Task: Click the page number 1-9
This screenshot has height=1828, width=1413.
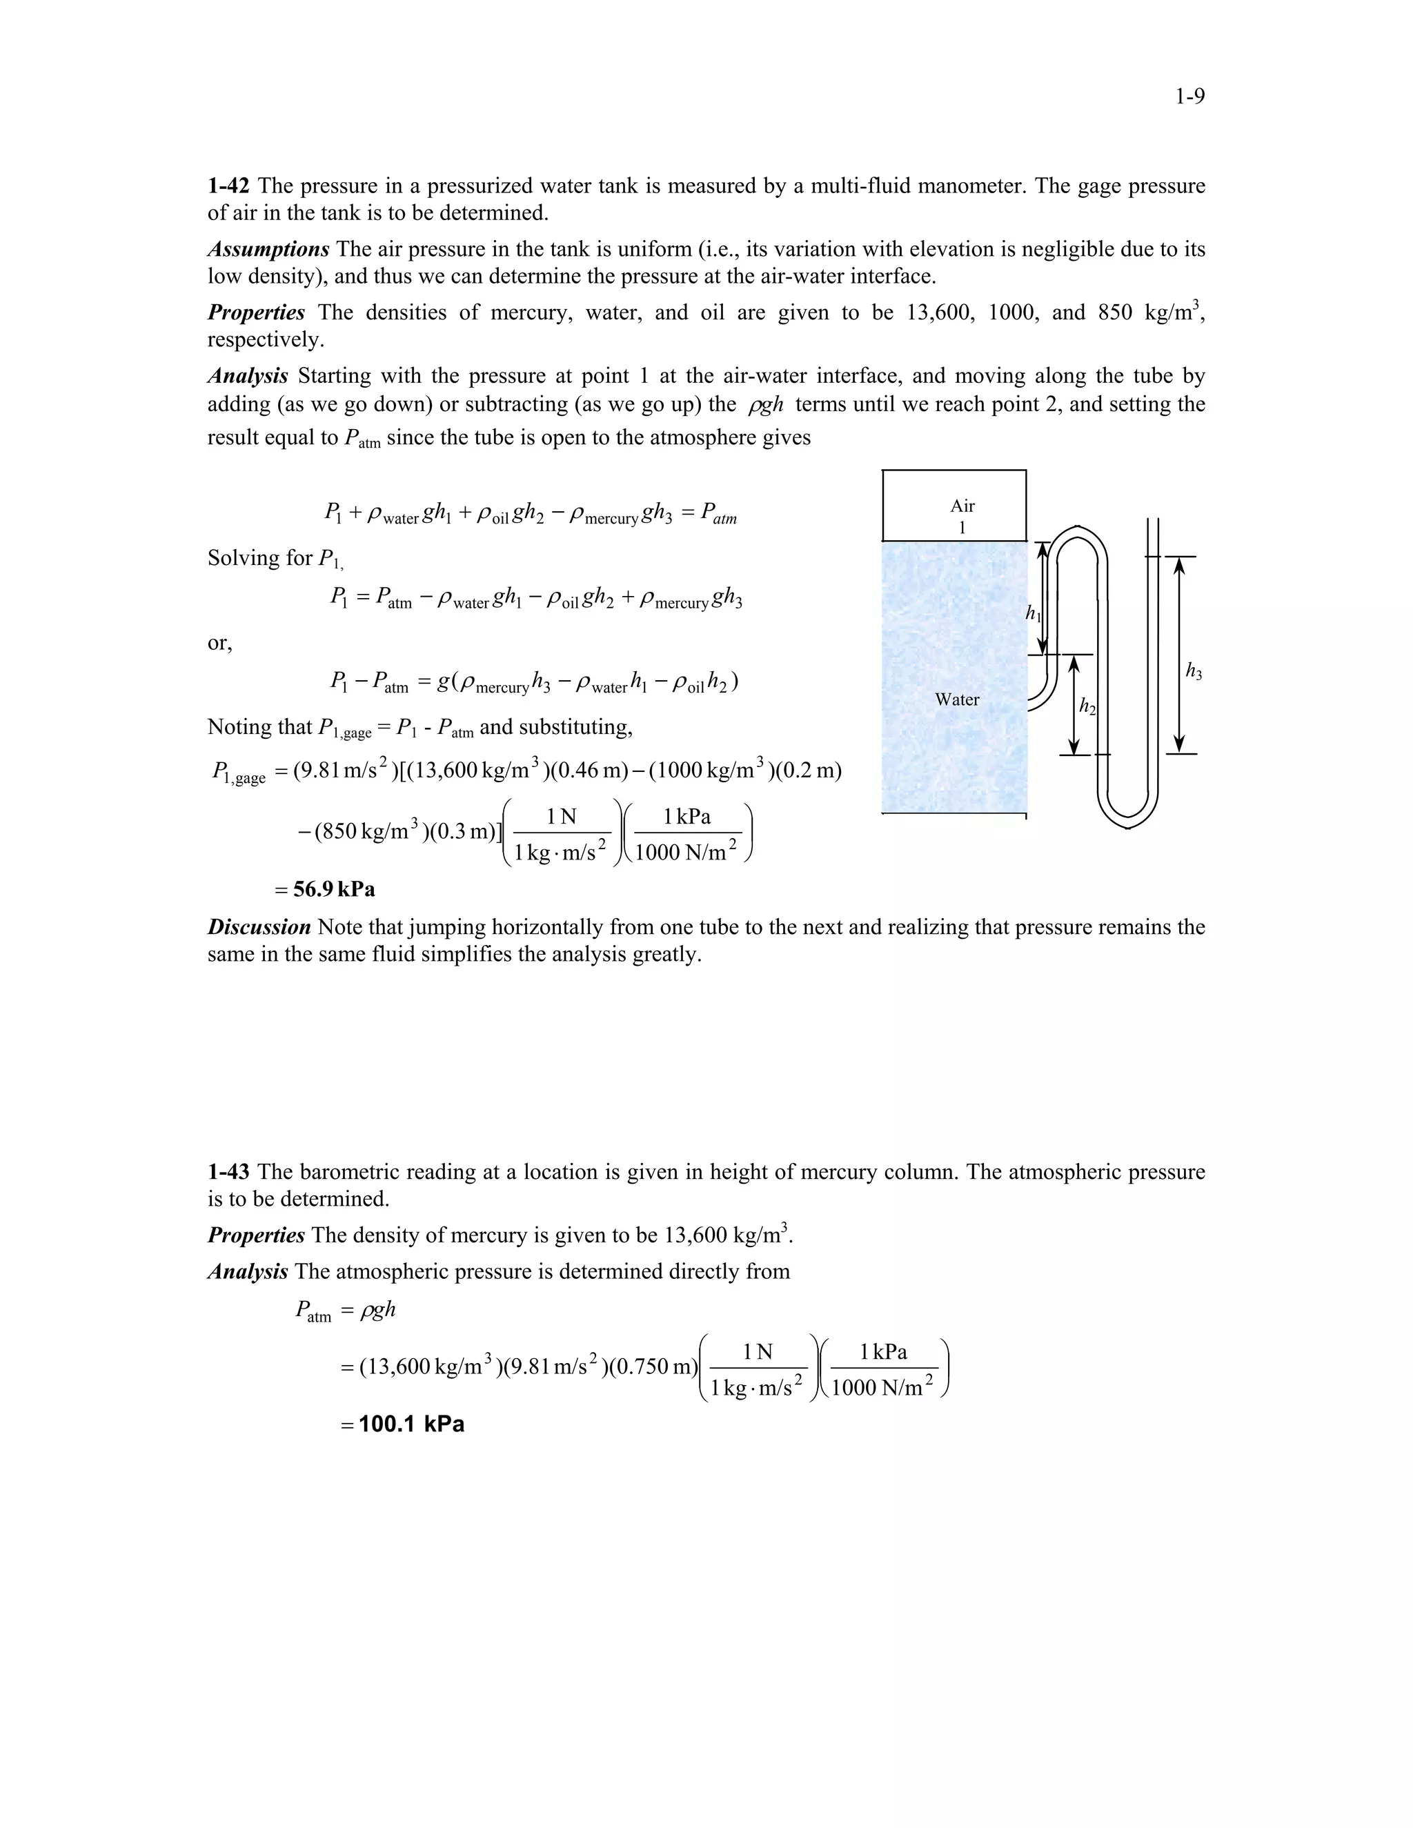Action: coord(1189,97)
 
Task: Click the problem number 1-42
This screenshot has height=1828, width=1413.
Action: coord(228,185)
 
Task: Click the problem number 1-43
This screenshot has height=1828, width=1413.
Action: coord(228,1171)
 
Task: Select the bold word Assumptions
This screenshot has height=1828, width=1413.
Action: coord(268,250)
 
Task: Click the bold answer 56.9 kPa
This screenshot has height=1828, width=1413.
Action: coord(334,889)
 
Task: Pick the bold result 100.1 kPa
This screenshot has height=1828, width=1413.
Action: coord(411,1424)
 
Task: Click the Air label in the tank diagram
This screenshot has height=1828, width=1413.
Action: coord(962,506)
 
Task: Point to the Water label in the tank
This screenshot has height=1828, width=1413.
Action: coord(956,699)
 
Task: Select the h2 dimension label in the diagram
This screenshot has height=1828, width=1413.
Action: coord(1087,707)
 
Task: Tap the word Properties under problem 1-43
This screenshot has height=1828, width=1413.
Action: coord(255,1235)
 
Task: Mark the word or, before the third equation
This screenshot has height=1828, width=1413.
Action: coord(219,643)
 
